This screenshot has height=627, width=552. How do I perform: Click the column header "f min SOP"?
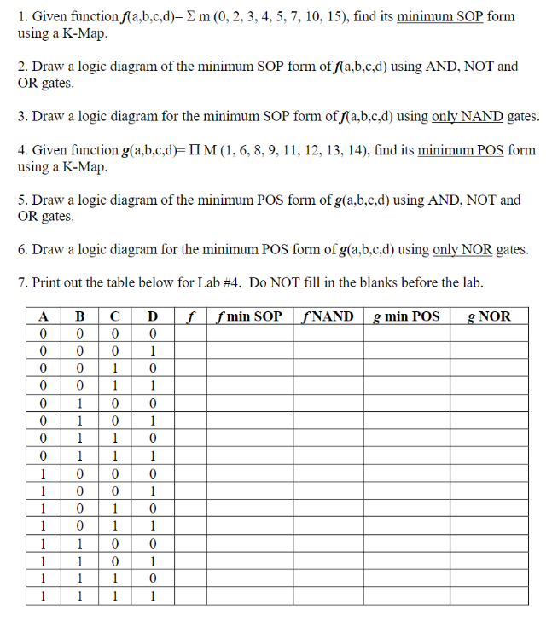(x=250, y=316)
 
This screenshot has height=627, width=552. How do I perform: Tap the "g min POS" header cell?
(x=406, y=316)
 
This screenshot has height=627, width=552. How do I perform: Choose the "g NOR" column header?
(x=489, y=316)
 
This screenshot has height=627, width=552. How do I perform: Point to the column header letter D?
(x=152, y=316)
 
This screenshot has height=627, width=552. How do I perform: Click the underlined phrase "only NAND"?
(x=468, y=117)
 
